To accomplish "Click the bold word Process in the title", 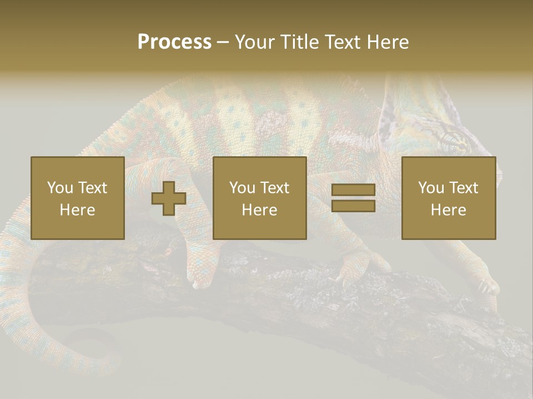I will coord(174,42).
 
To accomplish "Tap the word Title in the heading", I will coord(300,42).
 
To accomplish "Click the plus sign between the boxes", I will coord(169,198).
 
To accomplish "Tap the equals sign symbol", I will coord(353,198).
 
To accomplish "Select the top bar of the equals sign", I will coord(353,190).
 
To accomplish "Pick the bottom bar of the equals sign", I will coord(353,206).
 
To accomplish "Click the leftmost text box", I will coord(78,198).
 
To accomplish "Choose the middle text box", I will coord(260,198).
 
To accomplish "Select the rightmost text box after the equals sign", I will coord(449,198).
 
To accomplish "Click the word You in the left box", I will coord(60,188).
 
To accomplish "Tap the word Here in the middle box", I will coord(260,210).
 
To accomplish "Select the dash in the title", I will coord(223,42).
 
